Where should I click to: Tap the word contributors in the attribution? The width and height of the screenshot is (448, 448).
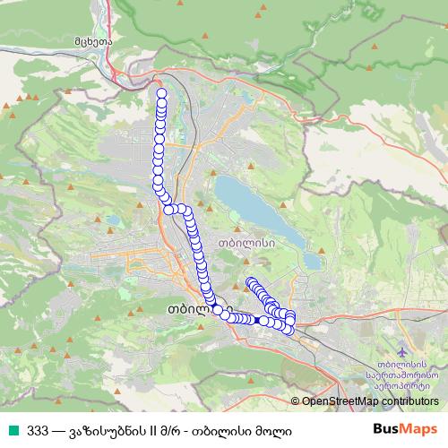click(411, 401)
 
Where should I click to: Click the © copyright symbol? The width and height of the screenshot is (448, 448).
click(296, 401)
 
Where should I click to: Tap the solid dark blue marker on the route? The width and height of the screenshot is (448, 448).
click(256, 320)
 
